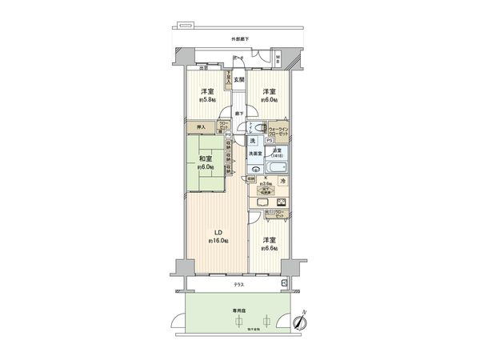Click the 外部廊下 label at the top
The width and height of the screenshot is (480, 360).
coord(240,39)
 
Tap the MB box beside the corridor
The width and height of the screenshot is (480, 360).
coord(278,61)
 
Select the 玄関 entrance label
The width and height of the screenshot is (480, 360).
coord(239,78)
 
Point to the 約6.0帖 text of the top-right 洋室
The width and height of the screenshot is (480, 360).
coord(268,99)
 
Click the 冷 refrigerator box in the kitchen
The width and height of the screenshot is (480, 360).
coord(283,182)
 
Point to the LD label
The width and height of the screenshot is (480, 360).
coord(216,234)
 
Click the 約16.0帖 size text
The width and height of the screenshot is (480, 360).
coord(217,241)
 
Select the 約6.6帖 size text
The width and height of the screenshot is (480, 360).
coord(268,248)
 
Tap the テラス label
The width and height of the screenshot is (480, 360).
coord(239,285)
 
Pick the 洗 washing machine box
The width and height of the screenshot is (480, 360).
coord(252,142)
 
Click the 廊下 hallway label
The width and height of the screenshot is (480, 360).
coord(239,113)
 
